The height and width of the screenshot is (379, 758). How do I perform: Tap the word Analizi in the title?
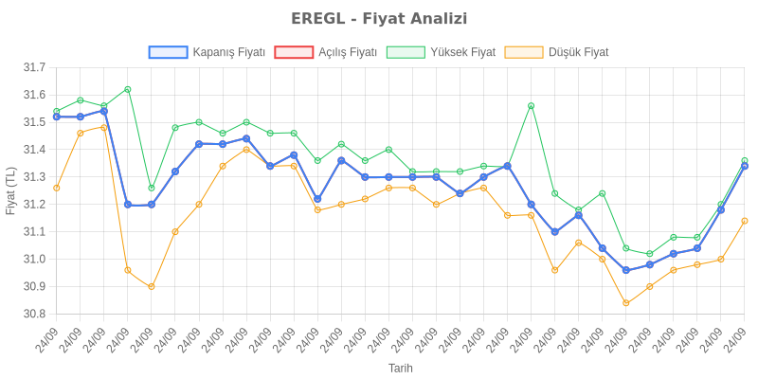[439, 18]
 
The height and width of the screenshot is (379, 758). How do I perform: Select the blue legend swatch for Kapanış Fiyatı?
[168, 52]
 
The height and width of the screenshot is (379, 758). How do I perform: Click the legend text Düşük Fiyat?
[579, 52]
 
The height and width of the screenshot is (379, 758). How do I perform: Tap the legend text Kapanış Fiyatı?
[228, 52]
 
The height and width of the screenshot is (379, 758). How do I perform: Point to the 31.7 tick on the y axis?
[35, 67]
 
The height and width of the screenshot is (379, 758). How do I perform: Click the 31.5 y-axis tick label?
[35, 122]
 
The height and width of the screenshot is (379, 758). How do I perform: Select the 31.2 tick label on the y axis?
[35, 205]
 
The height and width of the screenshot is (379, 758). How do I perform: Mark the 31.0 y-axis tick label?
[35, 259]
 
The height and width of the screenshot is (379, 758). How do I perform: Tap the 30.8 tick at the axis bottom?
[35, 314]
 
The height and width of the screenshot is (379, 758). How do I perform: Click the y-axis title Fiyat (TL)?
[11, 190]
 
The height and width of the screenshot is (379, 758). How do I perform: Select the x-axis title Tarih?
[401, 368]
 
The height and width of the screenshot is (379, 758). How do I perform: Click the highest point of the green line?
[128, 89]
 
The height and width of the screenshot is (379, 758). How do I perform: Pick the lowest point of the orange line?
[626, 303]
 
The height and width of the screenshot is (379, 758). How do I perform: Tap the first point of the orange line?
[57, 188]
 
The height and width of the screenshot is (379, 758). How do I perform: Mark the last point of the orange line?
[745, 221]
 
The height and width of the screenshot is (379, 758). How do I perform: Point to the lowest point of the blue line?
[626, 270]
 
